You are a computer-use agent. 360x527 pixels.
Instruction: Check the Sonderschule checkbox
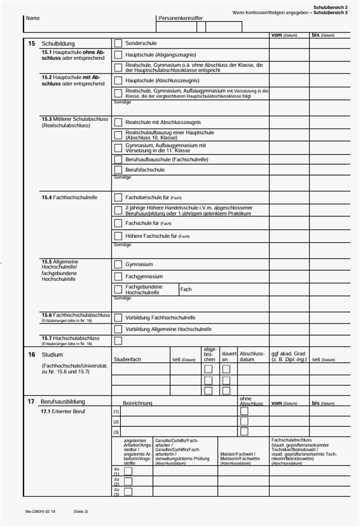tap(118, 43)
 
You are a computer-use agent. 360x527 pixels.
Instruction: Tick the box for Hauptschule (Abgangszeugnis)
tap(118, 55)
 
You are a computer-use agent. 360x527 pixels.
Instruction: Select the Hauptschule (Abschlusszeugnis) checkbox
tap(118, 81)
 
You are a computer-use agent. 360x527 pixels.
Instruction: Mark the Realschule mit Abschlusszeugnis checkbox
tap(118, 122)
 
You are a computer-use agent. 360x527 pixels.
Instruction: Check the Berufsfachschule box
tap(118, 170)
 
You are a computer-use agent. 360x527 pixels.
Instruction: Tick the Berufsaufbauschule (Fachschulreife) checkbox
tap(118, 159)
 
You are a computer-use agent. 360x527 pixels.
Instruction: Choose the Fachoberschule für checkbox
tap(118, 197)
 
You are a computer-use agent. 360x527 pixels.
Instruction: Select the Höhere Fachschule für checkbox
tap(118, 236)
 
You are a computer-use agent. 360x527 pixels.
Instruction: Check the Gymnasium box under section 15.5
tap(118, 264)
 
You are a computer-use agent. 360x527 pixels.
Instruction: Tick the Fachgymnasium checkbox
tap(118, 276)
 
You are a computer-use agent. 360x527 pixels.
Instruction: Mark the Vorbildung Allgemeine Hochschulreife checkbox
tap(118, 330)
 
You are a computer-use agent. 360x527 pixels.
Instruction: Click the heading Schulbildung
tap(58, 44)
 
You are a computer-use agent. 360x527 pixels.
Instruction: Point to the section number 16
tap(31, 355)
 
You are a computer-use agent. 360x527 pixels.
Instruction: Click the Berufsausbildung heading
tap(63, 402)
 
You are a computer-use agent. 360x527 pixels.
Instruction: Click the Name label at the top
tap(33, 18)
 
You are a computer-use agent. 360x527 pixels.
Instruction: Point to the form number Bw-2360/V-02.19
tap(40, 511)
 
